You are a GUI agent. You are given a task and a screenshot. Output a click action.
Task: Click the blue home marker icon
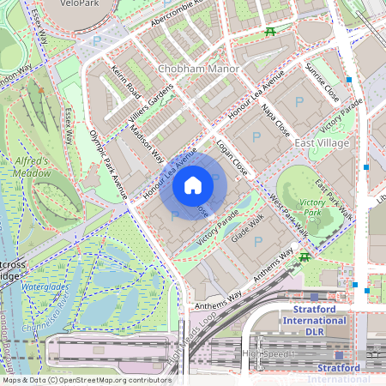[x=193, y=185]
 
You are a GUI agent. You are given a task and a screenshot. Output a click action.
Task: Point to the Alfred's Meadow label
[x=32, y=166]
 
